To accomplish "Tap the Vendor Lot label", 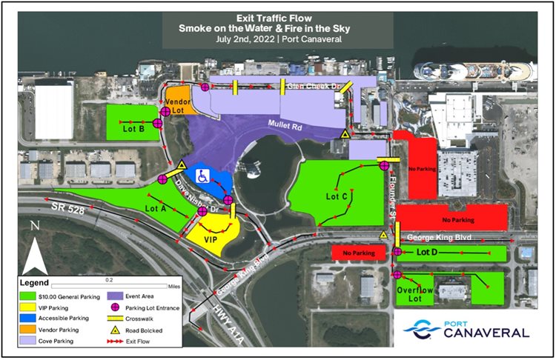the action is pyautogui.click(x=179, y=104).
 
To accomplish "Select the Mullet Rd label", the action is pyautogui.click(x=286, y=127).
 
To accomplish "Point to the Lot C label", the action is pyautogui.click(x=336, y=197).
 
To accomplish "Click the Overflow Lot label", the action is pyautogui.click(x=420, y=295).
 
